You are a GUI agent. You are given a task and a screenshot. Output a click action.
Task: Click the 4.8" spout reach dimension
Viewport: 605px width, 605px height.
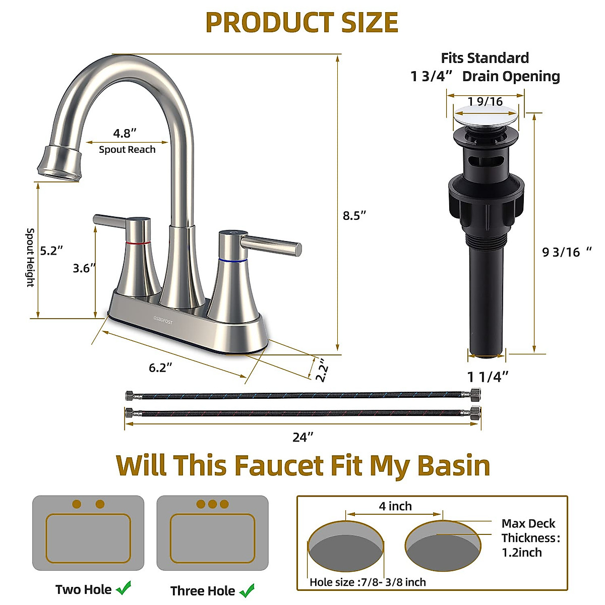tap(125, 134)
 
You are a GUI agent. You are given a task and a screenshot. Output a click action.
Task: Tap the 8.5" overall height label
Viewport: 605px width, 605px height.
tap(354, 215)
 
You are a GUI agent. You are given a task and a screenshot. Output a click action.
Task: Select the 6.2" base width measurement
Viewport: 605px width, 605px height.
tap(160, 368)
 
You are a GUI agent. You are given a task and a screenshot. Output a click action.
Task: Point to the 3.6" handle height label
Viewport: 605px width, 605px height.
tap(84, 268)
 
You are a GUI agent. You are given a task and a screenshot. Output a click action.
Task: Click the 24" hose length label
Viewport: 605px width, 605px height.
tap(302, 437)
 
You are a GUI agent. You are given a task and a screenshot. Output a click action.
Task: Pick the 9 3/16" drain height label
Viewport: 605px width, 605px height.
tap(566, 252)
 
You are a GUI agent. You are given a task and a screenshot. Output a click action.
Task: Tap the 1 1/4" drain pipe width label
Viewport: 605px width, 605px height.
tap(488, 377)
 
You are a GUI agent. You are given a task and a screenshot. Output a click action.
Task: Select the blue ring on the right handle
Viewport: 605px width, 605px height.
tap(233, 261)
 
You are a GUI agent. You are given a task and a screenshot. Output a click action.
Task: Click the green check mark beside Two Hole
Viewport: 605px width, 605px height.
tap(124, 588)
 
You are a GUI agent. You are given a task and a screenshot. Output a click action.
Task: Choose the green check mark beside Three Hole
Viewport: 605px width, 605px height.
tap(247, 590)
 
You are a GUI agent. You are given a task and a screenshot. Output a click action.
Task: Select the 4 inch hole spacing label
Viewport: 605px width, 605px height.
tap(395, 506)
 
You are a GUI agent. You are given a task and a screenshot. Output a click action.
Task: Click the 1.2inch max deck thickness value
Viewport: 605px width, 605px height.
tap(521, 553)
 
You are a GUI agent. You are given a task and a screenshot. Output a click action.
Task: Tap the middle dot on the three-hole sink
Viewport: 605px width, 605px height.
tap(212, 504)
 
